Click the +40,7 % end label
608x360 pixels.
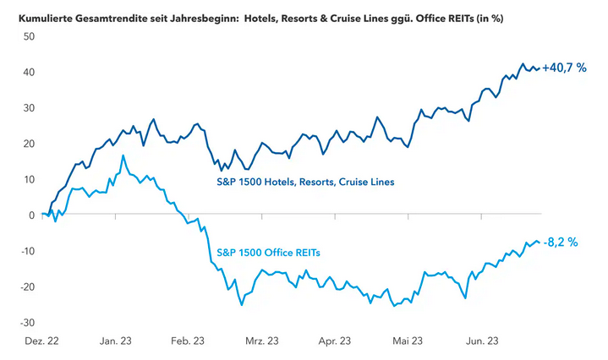pos(564,68)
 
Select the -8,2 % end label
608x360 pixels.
pos(561,243)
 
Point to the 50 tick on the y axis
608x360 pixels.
pos(28,36)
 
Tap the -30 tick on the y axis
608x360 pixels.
pos(26,322)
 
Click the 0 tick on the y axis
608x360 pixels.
pos(30,215)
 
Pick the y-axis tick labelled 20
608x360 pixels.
pos(28,144)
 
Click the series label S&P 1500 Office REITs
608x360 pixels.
pos(269,252)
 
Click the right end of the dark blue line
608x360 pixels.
pos(539,68)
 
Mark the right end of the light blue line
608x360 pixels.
pos(539,243)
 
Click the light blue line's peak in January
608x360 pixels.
pos(123,155)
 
